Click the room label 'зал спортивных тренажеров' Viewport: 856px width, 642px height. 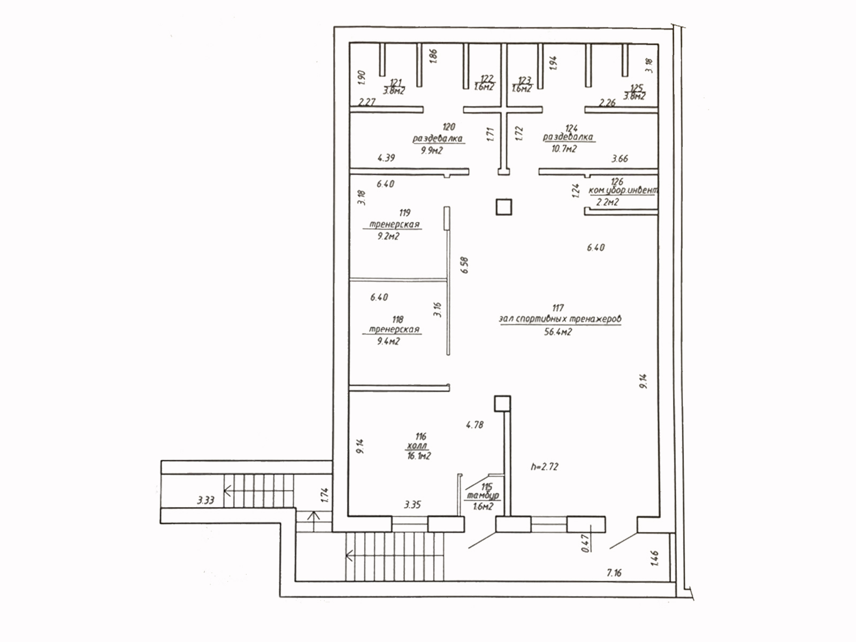click(x=560, y=319)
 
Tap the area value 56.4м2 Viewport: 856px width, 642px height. click(x=558, y=332)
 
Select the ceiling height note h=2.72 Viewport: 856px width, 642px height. click(x=545, y=467)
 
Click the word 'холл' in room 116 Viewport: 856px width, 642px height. click(x=417, y=446)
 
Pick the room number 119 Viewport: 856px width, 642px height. click(x=404, y=213)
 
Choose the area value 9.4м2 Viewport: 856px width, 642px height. click(x=388, y=341)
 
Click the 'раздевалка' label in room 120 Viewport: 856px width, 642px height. click(x=437, y=139)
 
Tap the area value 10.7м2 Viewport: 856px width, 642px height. click(x=564, y=149)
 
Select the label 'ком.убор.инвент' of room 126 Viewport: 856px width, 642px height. click(x=623, y=190)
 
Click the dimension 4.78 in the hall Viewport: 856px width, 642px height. click(x=475, y=425)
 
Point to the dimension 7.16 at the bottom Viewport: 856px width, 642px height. click(x=614, y=573)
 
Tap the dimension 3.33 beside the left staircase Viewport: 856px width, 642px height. click(x=205, y=500)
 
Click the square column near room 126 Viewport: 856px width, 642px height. click(x=503, y=207)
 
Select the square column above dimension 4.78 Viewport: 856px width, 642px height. click(x=502, y=403)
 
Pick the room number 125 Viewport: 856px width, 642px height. click(x=636, y=88)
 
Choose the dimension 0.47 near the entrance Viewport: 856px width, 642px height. click(x=585, y=544)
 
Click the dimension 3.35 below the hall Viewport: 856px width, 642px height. click(x=412, y=505)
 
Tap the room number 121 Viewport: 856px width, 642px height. click(x=396, y=82)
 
